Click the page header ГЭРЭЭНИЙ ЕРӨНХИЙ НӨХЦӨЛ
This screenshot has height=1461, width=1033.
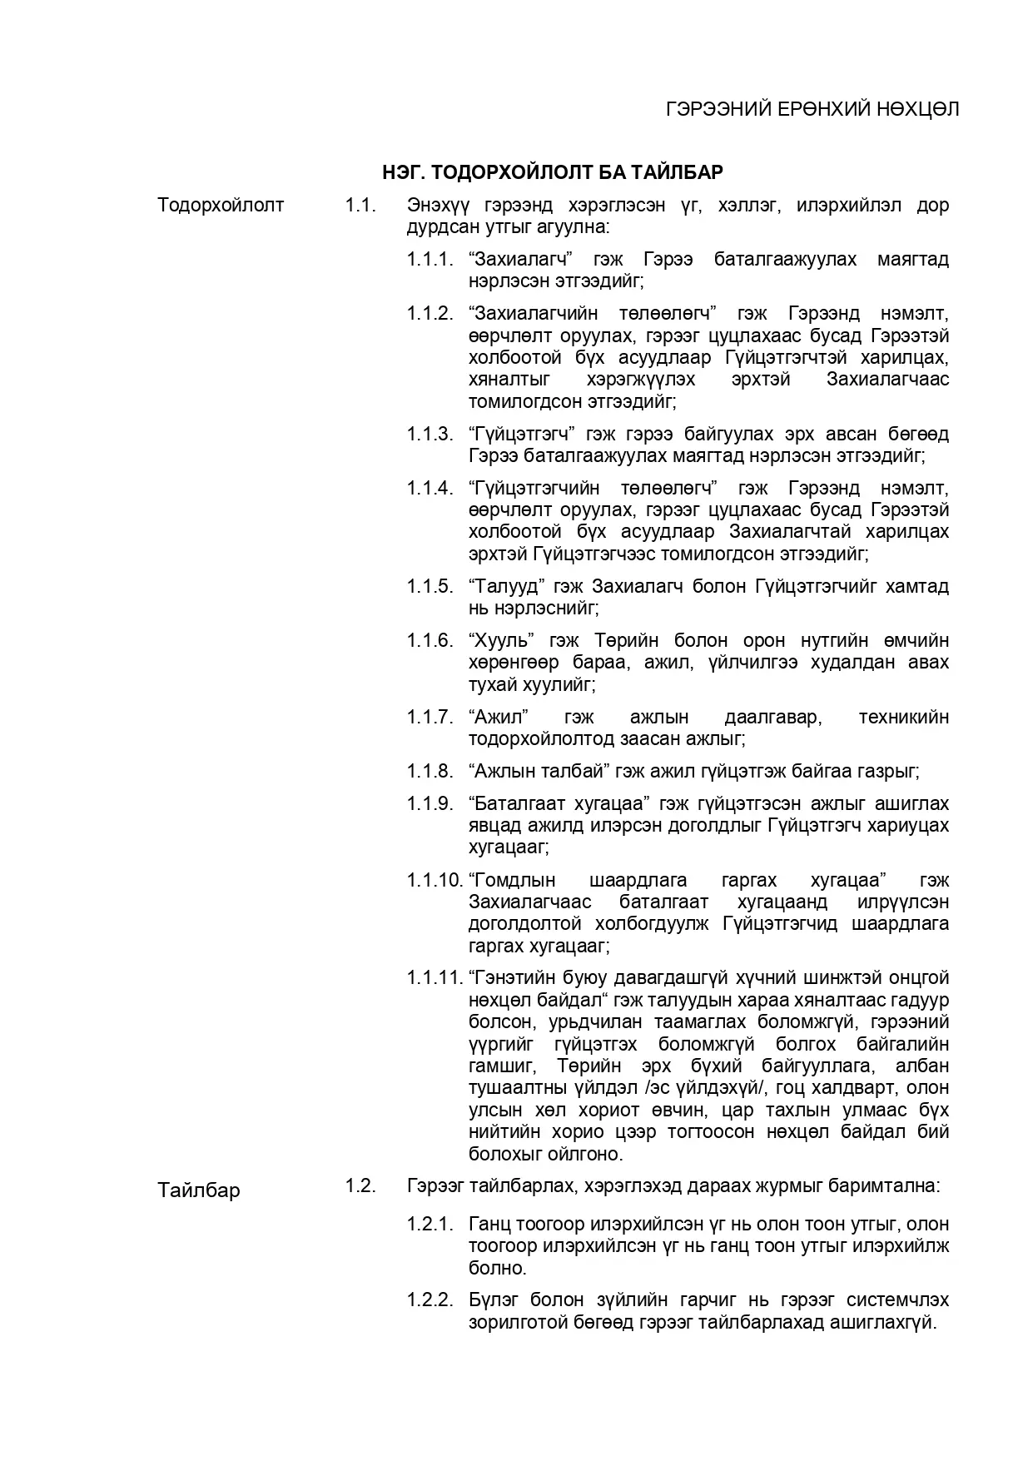[x=812, y=110]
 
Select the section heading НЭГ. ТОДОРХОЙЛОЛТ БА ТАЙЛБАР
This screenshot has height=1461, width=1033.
[x=552, y=172]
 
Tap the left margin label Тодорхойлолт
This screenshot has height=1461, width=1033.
[x=221, y=205]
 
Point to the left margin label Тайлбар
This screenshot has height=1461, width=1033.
[x=199, y=1190]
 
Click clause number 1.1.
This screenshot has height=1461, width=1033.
[x=360, y=205]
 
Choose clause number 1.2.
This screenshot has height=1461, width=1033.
[x=360, y=1185]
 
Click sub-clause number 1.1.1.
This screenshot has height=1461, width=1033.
[x=430, y=259]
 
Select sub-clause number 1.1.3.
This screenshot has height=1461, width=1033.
[x=430, y=434]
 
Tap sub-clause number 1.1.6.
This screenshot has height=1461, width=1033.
[x=430, y=640]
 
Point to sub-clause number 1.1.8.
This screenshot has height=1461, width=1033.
[x=430, y=771]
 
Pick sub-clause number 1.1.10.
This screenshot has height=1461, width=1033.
[x=435, y=880]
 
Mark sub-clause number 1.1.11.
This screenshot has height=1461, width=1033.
[x=435, y=977]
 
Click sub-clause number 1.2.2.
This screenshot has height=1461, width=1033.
[x=430, y=1299]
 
